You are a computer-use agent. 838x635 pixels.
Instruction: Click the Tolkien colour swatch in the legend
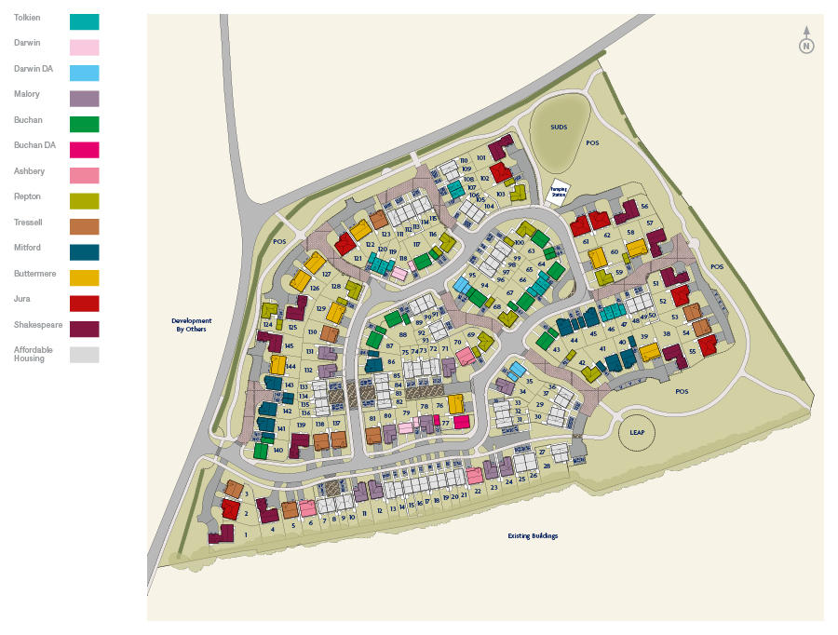pos(84,21)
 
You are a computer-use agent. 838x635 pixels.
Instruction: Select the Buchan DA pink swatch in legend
pos(84,149)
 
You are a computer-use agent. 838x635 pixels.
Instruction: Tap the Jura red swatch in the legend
pos(84,303)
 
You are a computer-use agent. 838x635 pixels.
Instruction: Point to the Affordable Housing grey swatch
pos(84,354)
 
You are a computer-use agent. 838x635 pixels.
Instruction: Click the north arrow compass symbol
pos(806,44)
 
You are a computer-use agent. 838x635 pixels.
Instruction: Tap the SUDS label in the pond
pos(559,127)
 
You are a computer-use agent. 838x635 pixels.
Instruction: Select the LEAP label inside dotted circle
pos(638,432)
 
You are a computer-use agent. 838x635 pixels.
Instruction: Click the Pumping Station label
pos(559,190)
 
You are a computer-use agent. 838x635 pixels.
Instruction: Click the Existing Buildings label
pos(533,535)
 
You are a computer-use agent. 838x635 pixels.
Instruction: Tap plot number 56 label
pos(644,206)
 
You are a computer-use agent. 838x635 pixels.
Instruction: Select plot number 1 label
pos(246,534)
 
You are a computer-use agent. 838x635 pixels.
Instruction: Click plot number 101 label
pos(481,158)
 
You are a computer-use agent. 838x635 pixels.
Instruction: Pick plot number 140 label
pos(277,450)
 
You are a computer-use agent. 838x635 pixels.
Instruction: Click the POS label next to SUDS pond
pos(593,143)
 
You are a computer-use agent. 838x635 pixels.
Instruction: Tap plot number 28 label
pos(547,466)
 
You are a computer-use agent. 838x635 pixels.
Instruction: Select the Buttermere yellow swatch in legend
pos(84,277)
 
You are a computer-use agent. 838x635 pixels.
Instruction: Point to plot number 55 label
pos(692,351)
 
